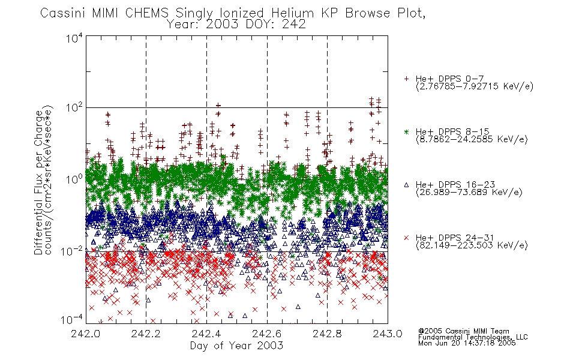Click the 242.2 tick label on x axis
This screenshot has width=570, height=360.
[146, 334]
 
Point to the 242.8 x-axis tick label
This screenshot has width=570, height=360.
[327, 334]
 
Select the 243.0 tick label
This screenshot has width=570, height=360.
[388, 334]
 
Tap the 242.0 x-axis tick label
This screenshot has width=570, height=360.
[85, 334]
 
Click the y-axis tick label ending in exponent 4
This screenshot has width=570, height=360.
[74, 38]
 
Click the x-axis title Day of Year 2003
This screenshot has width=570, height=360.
[236, 346]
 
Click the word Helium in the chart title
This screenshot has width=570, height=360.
[292, 13]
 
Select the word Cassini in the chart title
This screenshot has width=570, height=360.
[62, 13]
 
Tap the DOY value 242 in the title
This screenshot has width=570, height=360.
[294, 25]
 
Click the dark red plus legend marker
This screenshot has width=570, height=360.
[406, 79]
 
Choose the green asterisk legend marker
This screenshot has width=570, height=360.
[406, 131]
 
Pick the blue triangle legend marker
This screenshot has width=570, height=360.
[406, 185]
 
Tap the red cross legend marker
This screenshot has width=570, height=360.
[406, 238]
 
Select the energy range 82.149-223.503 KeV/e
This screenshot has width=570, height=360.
[472, 245]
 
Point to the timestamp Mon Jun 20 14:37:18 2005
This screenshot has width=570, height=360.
[467, 343]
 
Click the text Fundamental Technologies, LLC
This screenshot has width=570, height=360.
[473, 337]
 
